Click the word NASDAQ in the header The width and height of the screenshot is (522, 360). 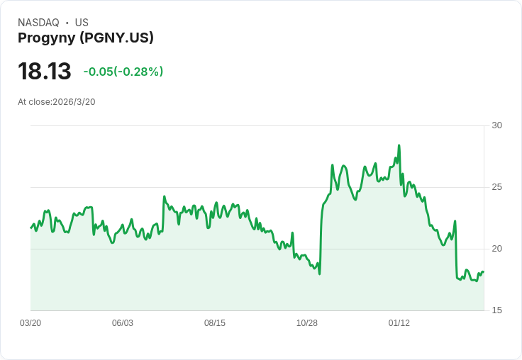click(38, 23)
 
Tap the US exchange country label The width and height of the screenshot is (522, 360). click(82, 23)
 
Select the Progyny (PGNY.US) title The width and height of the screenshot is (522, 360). click(86, 38)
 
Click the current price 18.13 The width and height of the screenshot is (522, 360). click(45, 72)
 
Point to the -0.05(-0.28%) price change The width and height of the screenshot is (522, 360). click(123, 72)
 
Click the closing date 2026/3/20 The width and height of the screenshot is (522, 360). click(74, 102)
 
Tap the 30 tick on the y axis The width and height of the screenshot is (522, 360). click(497, 125)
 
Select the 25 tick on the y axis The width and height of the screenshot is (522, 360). click(497, 187)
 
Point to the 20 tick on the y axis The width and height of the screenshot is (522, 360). click(497, 249)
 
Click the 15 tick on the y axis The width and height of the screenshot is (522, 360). click(497, 310)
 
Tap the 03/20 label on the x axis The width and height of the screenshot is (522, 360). click(30, 323)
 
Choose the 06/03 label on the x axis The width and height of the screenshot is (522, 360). click(123, 323)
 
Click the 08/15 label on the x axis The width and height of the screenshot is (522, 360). click(215, 323)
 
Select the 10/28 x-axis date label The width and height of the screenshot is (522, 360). click(307, 323)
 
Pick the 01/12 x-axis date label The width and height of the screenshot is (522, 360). click(399, 323)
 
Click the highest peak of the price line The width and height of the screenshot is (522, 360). click(399, 145)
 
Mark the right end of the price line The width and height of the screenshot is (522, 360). click(483, 272)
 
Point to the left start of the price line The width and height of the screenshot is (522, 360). click(31, 227)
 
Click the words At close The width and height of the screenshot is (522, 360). click(34, 102)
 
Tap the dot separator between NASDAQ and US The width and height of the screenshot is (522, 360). click(67, 23)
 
